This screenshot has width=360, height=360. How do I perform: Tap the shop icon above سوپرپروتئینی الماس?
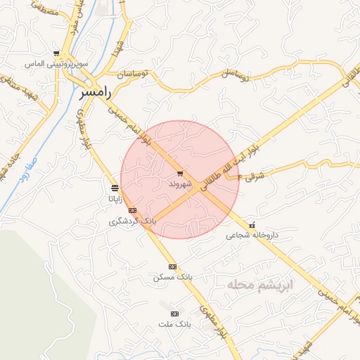click(56, 53)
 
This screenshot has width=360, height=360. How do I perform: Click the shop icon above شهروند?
click(180, 173)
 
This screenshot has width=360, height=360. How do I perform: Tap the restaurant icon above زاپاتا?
click(115, 188)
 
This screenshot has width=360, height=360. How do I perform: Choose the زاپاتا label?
click(115, 198)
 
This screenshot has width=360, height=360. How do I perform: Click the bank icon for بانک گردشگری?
click(132, 210)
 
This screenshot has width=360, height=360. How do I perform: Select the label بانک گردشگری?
click(132, 221)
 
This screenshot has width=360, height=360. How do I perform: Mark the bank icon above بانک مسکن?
click(172, 266)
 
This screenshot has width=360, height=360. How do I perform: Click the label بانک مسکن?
click(172, 278)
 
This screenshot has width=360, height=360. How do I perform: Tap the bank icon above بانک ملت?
click(174, 314)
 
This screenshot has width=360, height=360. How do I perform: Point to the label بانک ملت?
click(174, 324)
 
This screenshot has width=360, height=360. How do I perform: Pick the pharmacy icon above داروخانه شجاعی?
click(252, 226)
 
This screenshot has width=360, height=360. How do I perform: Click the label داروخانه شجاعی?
click(252, 236)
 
